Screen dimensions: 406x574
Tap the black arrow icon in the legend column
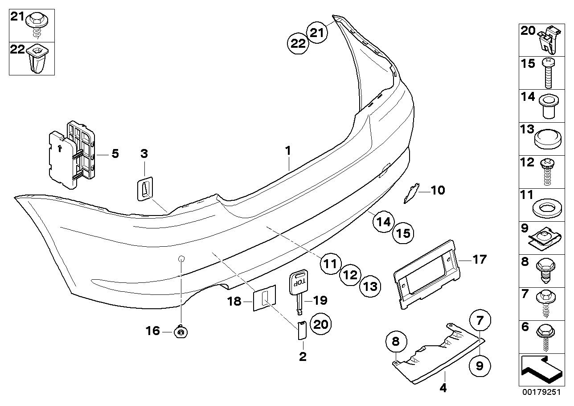pyautogui.click(x=540, y=369)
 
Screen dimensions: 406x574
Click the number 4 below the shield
pyautogui.click(x=443, y=388)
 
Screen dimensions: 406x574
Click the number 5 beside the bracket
pyautogui.click(x=115, y=154)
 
